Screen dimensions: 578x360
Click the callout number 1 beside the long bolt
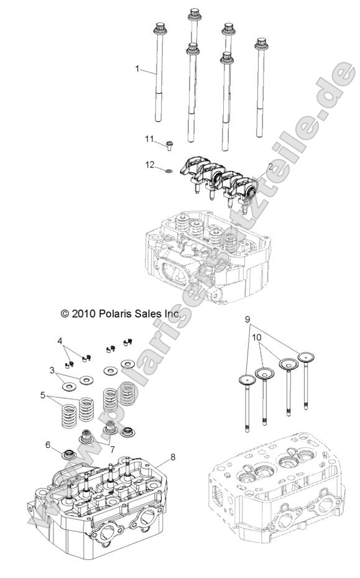click(137, 69)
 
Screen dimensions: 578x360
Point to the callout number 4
click(60, 341)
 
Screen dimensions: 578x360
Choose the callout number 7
click(112, 449)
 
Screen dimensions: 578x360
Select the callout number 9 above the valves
click(247, 319)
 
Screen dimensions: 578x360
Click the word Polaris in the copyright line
click(114, 314)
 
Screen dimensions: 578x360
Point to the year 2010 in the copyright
click(83, 314)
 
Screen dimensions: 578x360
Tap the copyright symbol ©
click(65, 314)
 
